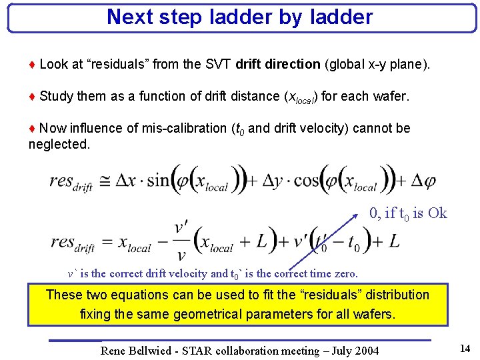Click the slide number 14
tap(465, 347)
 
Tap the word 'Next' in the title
tap(129, 17)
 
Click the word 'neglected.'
tap(59, 143)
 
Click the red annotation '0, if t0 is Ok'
tap(408, 213)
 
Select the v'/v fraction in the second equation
tap(179, 241)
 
